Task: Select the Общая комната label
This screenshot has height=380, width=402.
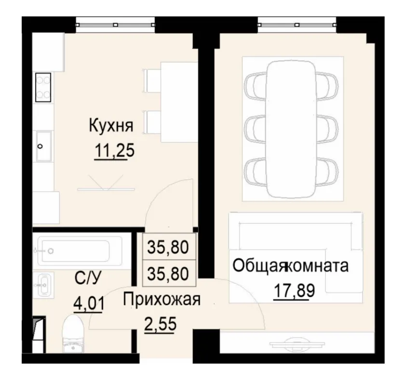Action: click(x=290, y=266)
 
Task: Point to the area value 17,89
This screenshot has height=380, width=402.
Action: click(x=291, y=291)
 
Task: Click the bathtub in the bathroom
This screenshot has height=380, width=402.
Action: click(x=77, y=250)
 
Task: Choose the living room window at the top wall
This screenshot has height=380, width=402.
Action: click(x=297, y=23)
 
